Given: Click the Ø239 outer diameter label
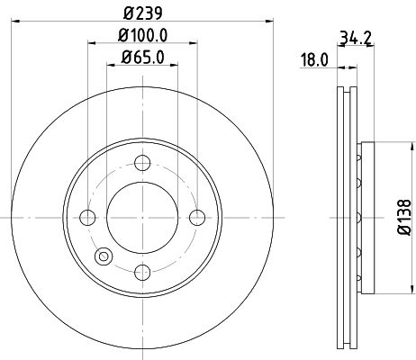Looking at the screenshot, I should tap(142, 11).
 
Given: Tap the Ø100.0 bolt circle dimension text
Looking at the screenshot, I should tap(142, 38).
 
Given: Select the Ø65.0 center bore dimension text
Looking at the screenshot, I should tap(142, 59).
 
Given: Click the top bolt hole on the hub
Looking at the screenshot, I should tap(142, 163).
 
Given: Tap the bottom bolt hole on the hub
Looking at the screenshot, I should tap(142, 271).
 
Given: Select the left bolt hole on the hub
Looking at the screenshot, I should tap(88, 217).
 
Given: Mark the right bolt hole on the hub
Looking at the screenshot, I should tap(196, 217).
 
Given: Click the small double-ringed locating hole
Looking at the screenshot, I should tap(104, 256).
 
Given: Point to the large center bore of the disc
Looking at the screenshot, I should tap(142, 217).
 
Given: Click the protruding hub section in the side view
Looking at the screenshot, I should tap(362, 217).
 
